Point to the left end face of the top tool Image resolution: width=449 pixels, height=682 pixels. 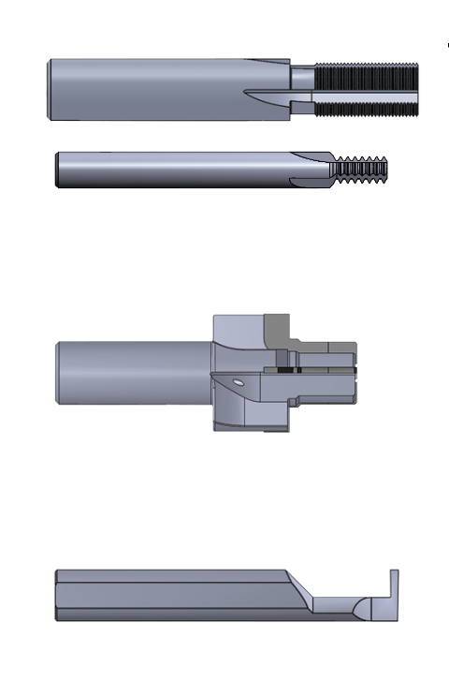(49, 89)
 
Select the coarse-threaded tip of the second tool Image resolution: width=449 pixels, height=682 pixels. (360, 169)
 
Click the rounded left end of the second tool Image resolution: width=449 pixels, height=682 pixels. (59, 170)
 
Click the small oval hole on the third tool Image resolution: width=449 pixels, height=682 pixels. (240, 382)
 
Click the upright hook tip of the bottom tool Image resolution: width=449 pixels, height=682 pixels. (394, 586)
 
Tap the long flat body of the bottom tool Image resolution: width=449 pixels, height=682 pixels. (168, 596)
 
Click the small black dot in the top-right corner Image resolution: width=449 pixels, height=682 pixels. (448, 44)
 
